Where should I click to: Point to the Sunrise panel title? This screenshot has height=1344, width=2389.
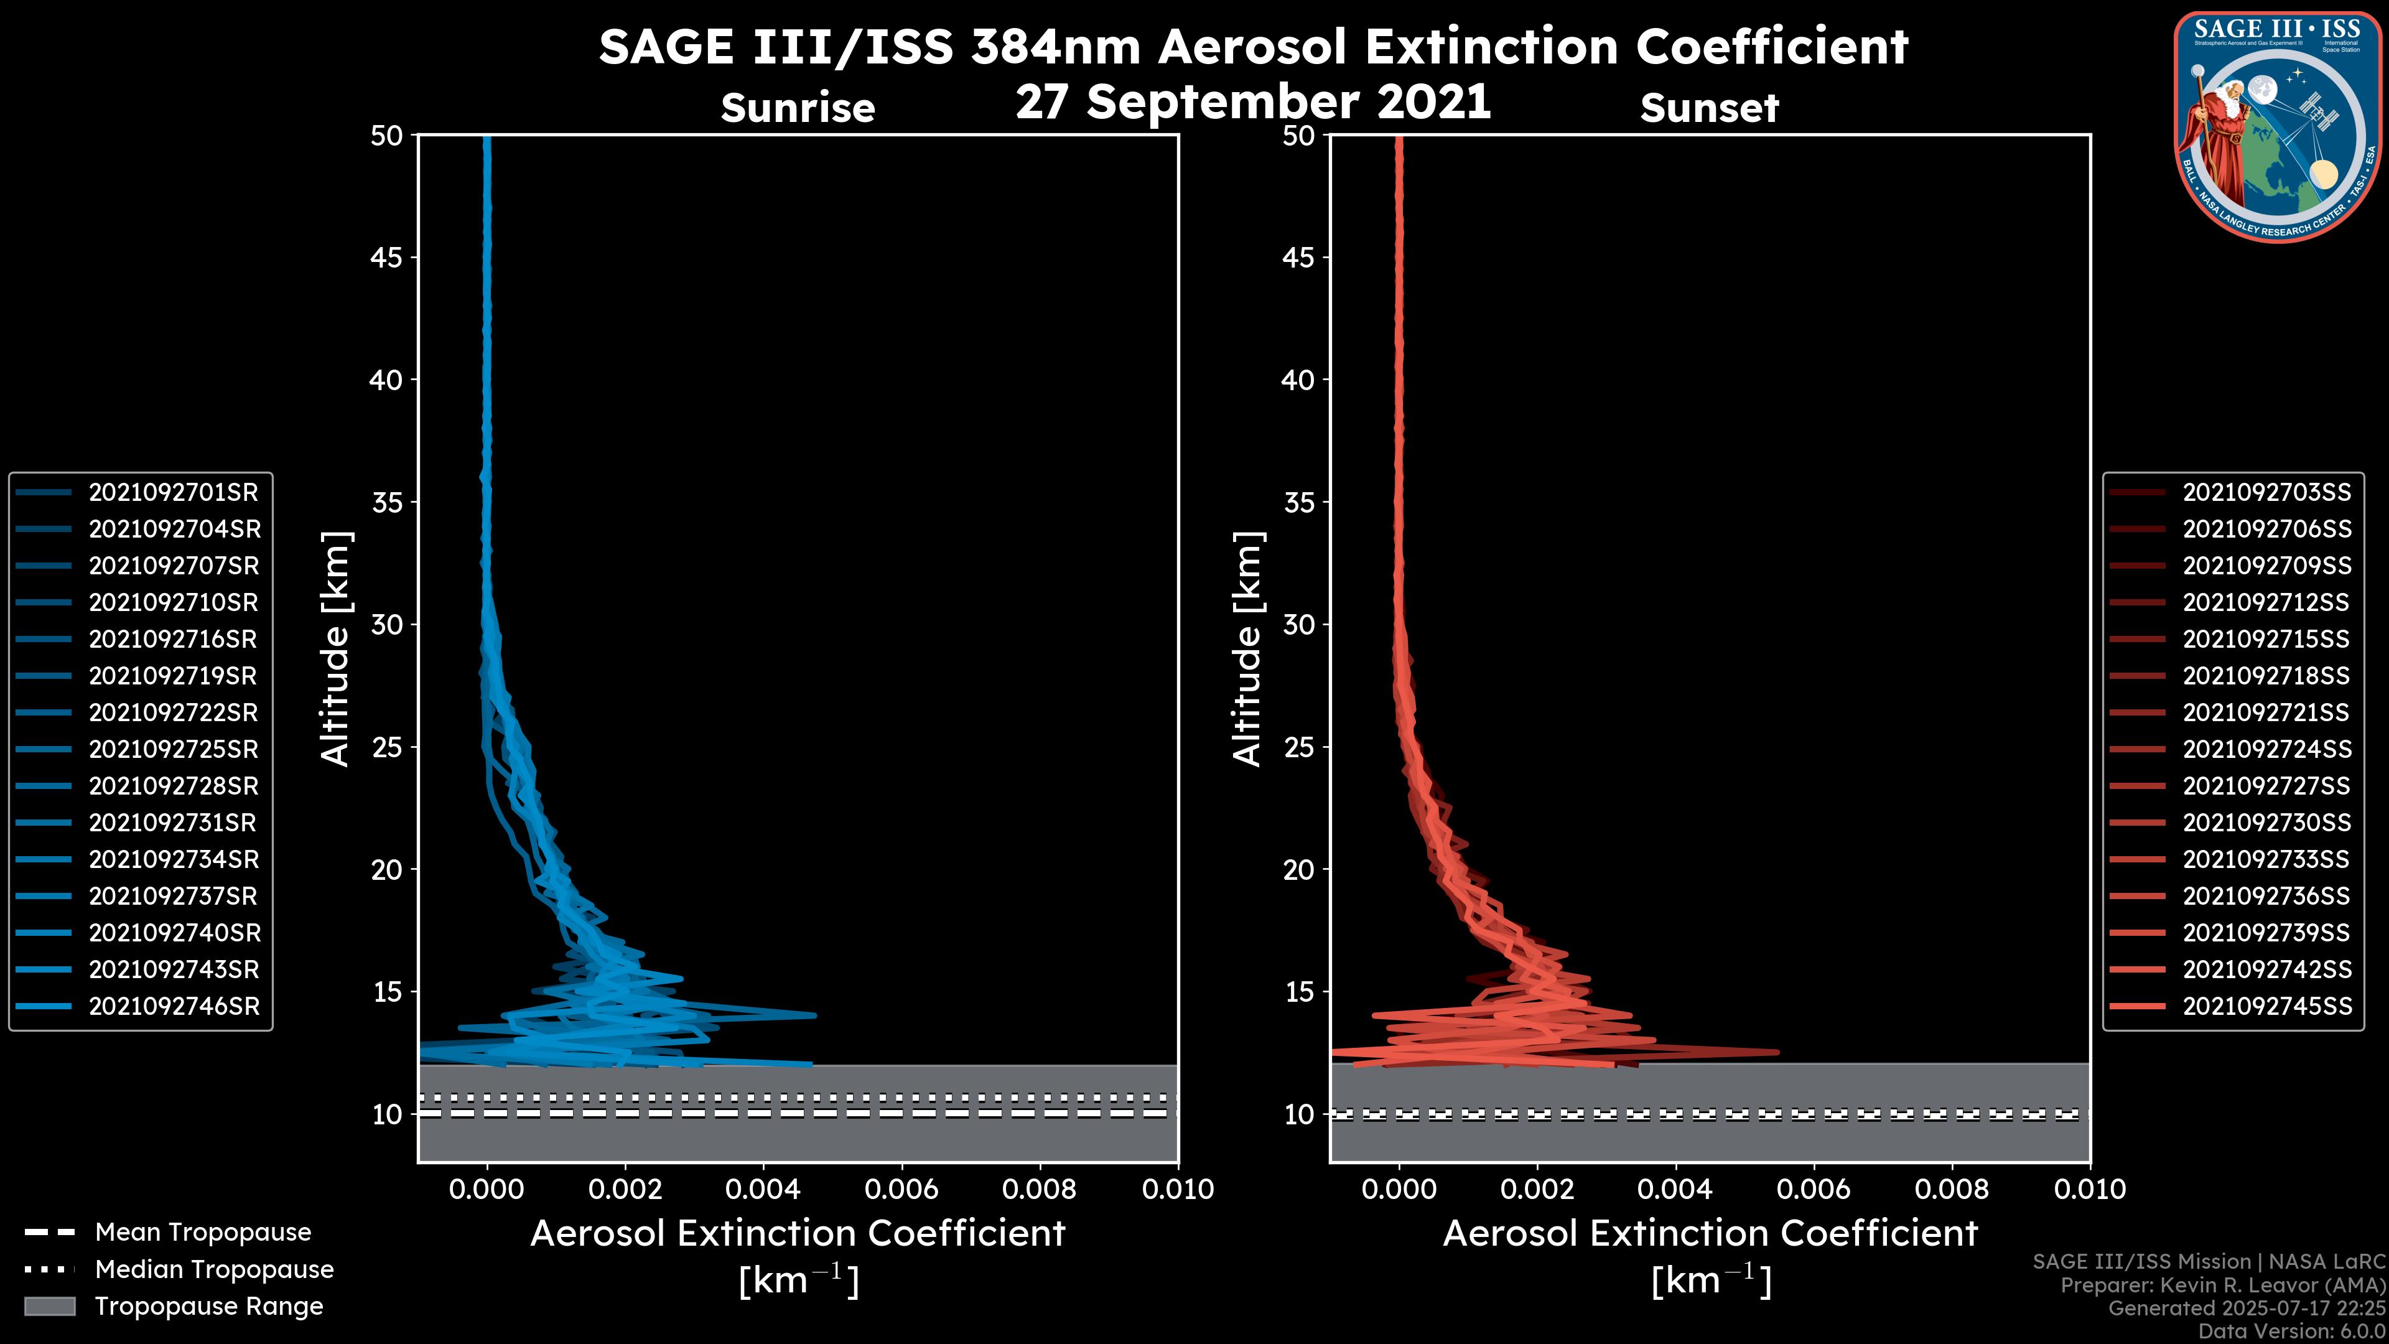pyautogui.click(x=798, y=108)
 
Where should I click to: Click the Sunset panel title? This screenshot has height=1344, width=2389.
pyautogui.click(x=1709, y=108)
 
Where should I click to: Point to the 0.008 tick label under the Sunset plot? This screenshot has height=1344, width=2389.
pyautogui.click(x=1952, y=1189)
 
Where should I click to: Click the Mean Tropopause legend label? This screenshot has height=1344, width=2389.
pyautogui.click(x=203, y=1232)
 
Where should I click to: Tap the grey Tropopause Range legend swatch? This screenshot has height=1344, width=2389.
pyautogui.click(x=49, y=1306)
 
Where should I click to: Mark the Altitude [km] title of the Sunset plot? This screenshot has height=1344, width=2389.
pyautogui.click(x=1247, y=648)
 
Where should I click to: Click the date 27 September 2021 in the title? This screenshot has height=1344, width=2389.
pyautogui.click(x=1254, y=100)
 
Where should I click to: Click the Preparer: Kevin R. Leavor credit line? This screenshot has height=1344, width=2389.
pyautogui.click(x=2223, y=1286)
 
